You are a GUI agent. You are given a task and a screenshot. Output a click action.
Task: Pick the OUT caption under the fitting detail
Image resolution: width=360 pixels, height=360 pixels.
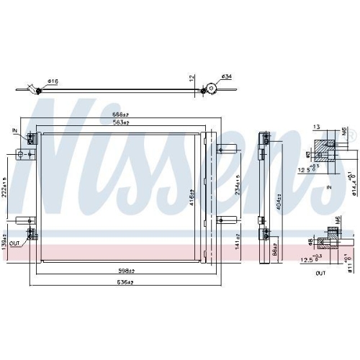(321, 274)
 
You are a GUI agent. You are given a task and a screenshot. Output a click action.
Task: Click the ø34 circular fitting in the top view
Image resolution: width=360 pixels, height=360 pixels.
(211, 89)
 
